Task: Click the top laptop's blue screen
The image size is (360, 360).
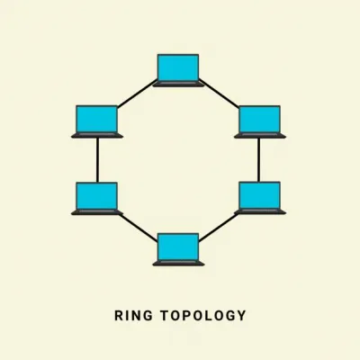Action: tap(178, 67)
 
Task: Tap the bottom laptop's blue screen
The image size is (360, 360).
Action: tap(178, 247)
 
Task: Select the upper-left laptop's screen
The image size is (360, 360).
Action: tap(96, 119)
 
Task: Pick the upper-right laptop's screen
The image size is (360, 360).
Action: tap(260, 119)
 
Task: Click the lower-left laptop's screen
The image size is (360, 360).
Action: tap(96, 196)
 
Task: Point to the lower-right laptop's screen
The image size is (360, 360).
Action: tap(260, 195)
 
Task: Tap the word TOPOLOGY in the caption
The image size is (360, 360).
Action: tap(203, 316)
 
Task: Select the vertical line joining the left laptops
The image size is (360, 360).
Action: tap(97, 160)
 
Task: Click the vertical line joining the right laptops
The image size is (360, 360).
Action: tap(258, 160)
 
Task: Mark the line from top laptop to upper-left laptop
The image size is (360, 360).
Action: tap(138, 94)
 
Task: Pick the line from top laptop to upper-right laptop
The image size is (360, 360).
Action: tap(219, 94)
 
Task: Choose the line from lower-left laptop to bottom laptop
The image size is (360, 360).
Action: tap(138, 228)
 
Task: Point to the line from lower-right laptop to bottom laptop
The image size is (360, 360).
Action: tap(219, 227)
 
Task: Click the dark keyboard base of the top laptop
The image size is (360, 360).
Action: tap(178, 84)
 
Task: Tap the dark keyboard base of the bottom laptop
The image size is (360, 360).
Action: tap(178, 263)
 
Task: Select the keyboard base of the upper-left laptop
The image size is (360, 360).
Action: tap(97, 135)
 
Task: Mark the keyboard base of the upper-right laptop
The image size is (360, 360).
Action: tap(260, 135)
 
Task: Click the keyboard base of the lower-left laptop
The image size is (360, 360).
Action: tap(97, 212)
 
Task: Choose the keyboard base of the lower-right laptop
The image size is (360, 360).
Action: tap(260, 211)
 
